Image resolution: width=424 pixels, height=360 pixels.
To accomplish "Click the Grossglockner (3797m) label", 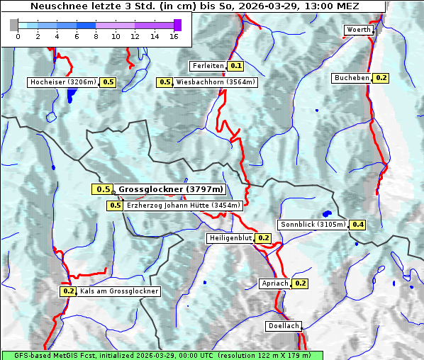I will [x=171, y=189].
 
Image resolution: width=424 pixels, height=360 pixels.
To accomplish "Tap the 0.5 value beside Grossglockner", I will [x=103, y=189].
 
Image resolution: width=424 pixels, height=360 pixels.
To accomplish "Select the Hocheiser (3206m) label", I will [x=62, y=82].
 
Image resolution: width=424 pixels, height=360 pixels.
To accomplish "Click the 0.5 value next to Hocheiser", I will [x=108, y=82].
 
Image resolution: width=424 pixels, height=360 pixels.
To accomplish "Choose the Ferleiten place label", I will [x=208, y=66].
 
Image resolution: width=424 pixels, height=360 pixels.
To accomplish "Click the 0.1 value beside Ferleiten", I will [x=236, y=66].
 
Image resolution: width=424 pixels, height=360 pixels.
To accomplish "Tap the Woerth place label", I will [x=358, y=30].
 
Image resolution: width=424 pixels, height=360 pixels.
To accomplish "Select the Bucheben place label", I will [x=352, y=78].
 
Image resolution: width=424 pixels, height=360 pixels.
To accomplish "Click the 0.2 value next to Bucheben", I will [x=381, y=78].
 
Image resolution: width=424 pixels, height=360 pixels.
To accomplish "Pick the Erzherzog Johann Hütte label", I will [x=184, y=206].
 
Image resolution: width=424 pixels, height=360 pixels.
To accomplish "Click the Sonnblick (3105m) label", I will [x=313, y=225].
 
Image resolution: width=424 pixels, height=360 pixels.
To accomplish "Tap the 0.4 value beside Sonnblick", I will [x=358, y=225].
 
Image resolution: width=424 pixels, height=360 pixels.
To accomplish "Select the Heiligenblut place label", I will [x=230, y=238].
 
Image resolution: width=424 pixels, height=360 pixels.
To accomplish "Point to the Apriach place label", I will [x=275, y=283].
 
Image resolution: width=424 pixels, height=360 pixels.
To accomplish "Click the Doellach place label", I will [x=284, y=327].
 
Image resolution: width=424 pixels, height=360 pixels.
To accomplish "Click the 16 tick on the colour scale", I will [x=174, y=36].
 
